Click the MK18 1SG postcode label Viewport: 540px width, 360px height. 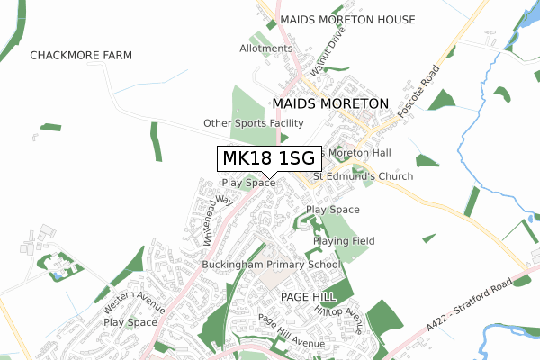click(x=268, y=158)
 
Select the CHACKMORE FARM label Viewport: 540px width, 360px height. click(x=81, y=55)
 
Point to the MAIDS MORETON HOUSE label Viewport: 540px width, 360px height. click(x=347, y=19)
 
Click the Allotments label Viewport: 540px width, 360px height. click(x=265, y=49)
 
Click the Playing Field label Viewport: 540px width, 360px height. click(x=344, y=241)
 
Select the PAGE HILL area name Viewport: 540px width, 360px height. click(x=308, y=296)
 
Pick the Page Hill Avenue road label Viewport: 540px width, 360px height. click(x=290, y=331)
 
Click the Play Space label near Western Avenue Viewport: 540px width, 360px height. click(x=130, y=321)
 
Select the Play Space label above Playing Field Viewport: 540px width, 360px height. click(x=332, y=210)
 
